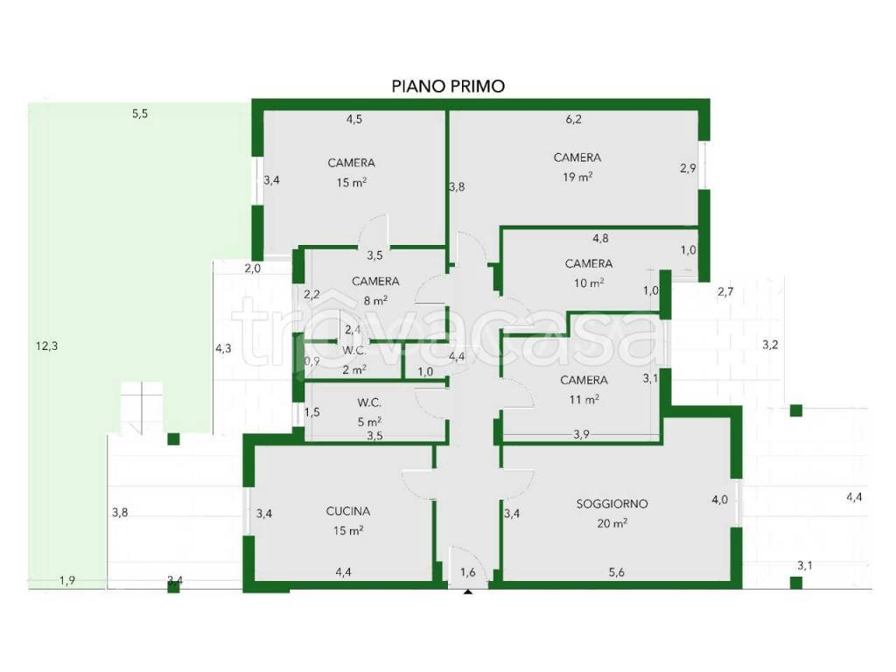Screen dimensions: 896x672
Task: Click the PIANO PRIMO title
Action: [448, 87]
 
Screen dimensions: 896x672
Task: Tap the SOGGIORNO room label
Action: [612, 504]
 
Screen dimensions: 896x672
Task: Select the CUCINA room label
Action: [348, 511]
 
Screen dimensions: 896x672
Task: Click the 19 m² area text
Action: [577, 177]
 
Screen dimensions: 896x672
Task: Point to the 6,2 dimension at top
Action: [574, 119]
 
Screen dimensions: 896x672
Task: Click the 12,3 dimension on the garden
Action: [47, 346]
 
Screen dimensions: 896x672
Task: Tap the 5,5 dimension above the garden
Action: [140, 114]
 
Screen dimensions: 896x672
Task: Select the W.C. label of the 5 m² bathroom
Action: [369, 402]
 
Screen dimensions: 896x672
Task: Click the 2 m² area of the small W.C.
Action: [354, 370]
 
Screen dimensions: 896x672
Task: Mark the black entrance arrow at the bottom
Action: [468, 592]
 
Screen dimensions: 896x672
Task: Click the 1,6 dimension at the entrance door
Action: [468, 572]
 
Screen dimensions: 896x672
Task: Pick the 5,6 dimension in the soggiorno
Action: [617, 572]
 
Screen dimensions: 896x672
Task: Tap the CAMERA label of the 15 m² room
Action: [352, 163]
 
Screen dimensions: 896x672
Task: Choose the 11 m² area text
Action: [584, 399]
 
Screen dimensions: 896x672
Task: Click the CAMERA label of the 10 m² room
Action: [589, 263]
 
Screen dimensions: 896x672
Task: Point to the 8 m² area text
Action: [375, 300]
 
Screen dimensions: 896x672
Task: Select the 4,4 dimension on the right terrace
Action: [854, 498]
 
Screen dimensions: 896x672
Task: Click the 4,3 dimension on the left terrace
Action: [223, 348]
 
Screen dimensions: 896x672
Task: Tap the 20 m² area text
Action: [612, 523]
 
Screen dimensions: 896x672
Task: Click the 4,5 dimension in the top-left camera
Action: [354, 119]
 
